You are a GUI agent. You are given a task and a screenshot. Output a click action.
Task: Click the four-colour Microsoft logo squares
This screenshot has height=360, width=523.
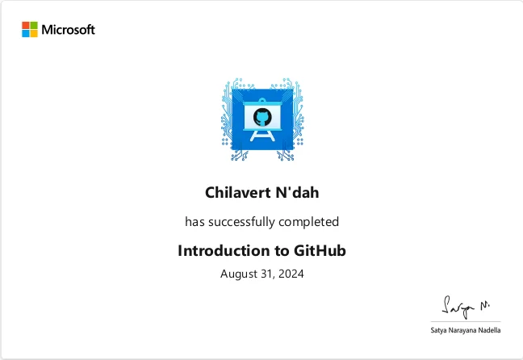30,29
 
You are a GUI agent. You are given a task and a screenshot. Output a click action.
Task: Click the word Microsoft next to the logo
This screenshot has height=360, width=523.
68,30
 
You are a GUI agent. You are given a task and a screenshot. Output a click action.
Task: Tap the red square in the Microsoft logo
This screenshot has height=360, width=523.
26,25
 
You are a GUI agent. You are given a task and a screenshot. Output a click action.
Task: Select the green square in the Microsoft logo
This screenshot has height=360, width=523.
34,25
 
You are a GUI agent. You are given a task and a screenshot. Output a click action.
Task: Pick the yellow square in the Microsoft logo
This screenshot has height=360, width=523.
34,33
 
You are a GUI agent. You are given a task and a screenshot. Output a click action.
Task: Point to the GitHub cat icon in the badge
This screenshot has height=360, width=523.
262,117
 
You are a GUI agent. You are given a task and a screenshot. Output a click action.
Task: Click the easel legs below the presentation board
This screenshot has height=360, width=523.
262,136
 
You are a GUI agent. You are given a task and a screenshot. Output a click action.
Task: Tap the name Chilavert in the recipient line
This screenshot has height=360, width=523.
238,193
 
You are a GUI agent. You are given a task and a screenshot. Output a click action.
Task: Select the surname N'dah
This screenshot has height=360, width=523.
297,193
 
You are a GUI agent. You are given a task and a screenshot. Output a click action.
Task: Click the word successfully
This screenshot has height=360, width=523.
241,222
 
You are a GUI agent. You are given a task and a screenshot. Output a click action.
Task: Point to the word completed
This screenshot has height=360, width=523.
309,222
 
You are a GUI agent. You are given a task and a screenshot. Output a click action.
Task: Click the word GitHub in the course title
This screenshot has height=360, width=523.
320,250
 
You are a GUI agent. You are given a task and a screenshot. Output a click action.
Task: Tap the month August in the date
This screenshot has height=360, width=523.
239,274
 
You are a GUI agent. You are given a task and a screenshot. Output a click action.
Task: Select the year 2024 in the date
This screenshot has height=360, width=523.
291,274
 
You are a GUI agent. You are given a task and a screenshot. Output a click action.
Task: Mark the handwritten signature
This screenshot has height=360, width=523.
466,307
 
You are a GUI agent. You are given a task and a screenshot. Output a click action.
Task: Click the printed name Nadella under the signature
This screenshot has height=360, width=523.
489,330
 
